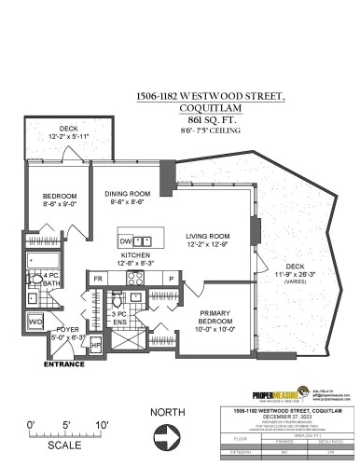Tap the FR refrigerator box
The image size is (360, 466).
pos(97,278)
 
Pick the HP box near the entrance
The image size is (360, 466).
pos(96,343)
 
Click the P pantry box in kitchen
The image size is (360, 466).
pos(170,278)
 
